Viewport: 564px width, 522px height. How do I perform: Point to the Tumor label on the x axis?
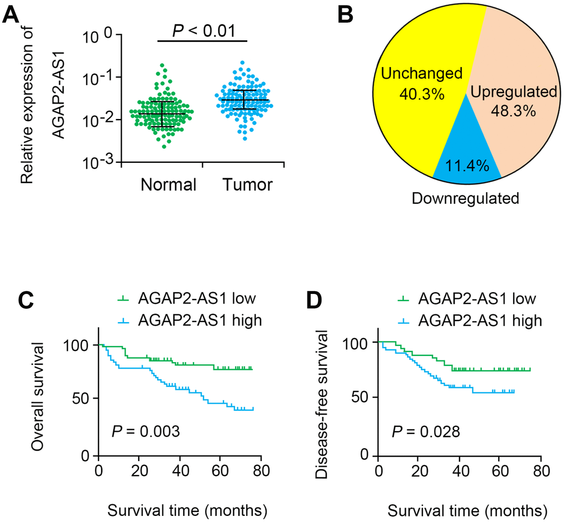point(248,184)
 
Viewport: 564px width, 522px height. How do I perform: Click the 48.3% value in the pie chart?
point(513,111)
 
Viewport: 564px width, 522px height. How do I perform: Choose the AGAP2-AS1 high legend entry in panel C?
point(188,321)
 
